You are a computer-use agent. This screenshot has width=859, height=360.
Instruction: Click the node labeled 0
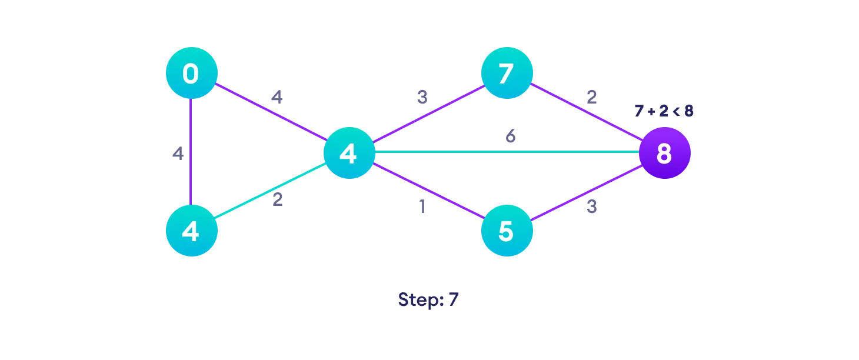191,74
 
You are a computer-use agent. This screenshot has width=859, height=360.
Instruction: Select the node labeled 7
507,74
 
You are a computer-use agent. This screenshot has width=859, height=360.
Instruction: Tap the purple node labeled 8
664,153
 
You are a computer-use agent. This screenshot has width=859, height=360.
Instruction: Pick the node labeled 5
507,231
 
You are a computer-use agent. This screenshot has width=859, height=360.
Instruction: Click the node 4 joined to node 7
349,153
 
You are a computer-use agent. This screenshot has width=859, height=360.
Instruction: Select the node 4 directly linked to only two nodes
191,231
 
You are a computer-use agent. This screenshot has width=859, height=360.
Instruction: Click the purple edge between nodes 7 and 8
585,113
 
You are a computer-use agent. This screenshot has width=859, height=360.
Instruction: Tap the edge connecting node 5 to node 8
585,192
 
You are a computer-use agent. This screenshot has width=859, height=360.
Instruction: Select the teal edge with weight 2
270,192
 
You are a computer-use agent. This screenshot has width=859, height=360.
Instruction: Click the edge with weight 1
428,192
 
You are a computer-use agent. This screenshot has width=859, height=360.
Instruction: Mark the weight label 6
511,136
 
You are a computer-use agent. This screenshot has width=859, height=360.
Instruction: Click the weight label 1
421,208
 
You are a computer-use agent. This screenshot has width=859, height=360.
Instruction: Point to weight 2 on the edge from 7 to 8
591,97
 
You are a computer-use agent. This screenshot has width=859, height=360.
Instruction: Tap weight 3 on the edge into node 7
422,98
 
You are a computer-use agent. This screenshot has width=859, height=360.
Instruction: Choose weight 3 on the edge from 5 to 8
591,208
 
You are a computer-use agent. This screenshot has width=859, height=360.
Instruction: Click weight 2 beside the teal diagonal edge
277,200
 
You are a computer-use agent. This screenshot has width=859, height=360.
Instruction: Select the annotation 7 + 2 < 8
664,111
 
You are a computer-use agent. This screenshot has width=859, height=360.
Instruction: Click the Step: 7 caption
428,299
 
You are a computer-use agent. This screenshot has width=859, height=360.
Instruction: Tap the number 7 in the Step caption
452,299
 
